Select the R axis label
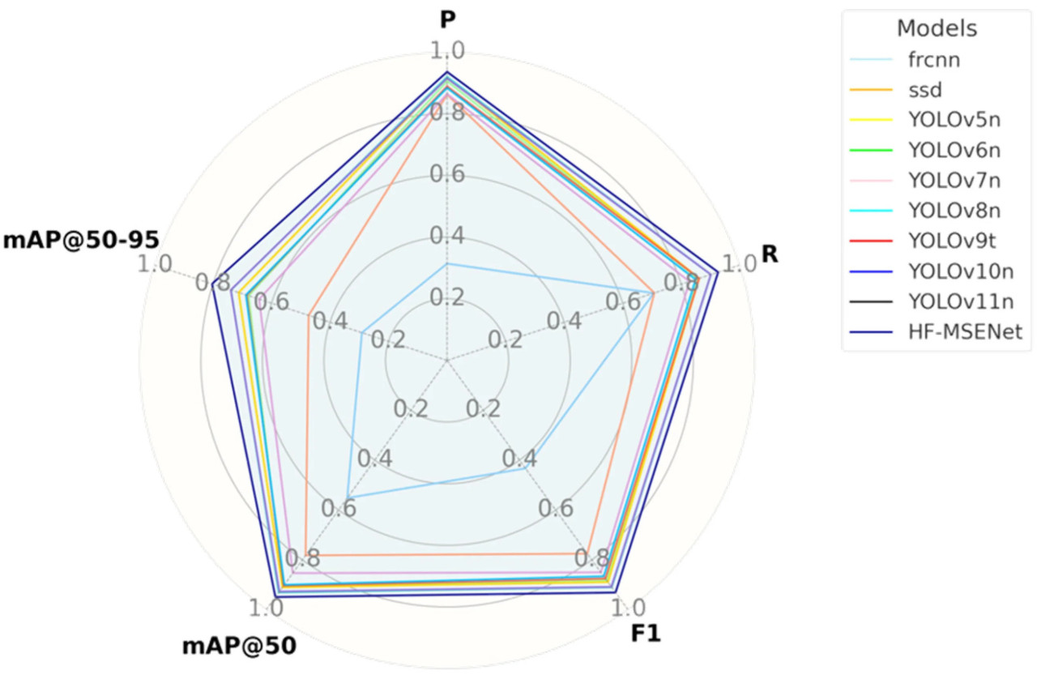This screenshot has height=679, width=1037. click(x=770, y=254)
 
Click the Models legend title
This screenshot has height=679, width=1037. click(x=937, y=29)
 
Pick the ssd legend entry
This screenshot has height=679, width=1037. click(x=923, y=89)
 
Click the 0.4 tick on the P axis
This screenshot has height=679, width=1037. click(x=447, y=236)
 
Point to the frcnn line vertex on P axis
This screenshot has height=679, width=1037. click(x=447, y=263)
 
